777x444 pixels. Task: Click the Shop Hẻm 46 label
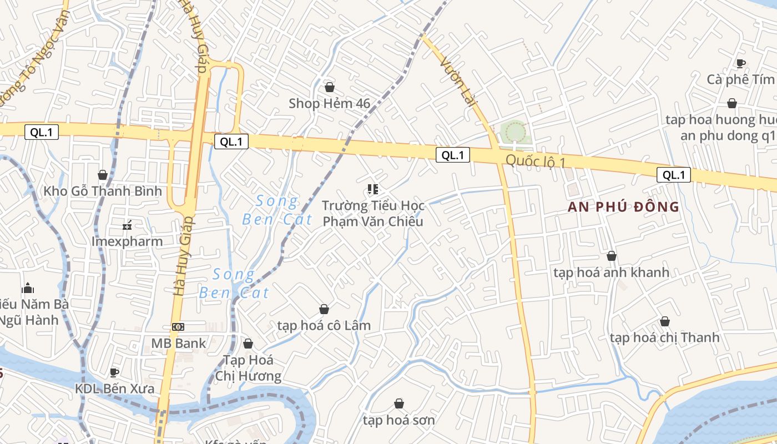(x=329, y=103)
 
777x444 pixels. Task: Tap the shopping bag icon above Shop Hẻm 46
(x=330, y=87)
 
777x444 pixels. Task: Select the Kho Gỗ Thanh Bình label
(x=103, y=191)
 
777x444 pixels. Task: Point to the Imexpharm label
(x=127, y=241)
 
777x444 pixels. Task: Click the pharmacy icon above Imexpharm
(x=127, y=225)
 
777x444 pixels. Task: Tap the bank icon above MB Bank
(x=178, y=327)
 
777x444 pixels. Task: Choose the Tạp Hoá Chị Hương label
(x=248, y=368)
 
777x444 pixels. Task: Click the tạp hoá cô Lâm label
(x=324, y=325)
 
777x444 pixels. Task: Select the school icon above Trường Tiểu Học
(x=372, y=190)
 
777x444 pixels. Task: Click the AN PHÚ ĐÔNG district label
(x=623, y=207)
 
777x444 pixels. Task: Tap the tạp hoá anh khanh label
(x=611, y=273)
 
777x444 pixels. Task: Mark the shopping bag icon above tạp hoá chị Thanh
(x=664, y=321)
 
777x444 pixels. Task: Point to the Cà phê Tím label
(x=740, y=79)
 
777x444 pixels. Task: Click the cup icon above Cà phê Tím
(x=740, y=63)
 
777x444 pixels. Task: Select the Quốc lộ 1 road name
(x=535, y=162)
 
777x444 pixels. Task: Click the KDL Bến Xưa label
(x=114, y=389)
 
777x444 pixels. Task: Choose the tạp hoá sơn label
(x=398, y=420)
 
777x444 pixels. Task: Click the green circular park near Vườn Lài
(x=515, y=132)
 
